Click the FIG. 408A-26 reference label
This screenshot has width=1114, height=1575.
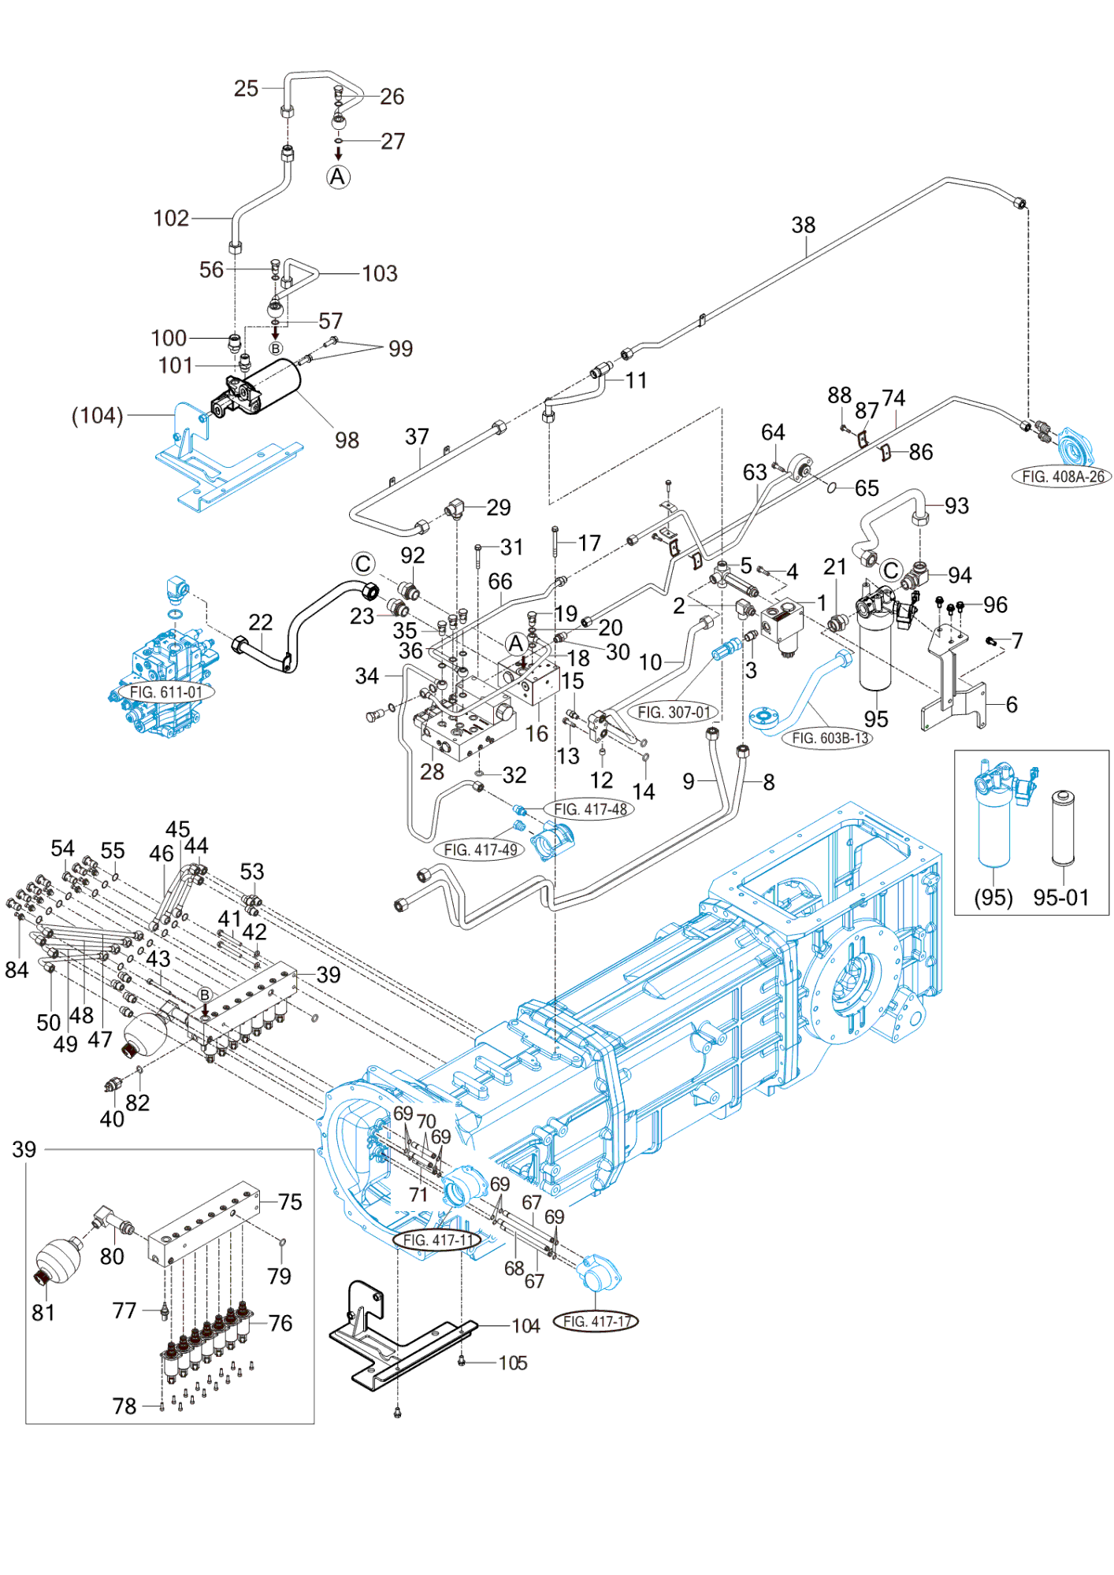point(1063,476)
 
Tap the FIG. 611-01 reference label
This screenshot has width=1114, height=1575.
point(165,692)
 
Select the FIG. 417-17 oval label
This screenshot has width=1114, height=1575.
point(596,1321)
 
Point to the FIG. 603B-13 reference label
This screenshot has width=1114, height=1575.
point(830,738)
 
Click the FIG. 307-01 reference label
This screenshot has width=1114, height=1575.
point(674,712)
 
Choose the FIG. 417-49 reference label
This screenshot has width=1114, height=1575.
point(480,850)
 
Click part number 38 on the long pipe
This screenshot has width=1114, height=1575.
point(803,225)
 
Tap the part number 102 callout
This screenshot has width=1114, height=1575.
point(170,218)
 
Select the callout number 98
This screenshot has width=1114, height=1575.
point(347,440)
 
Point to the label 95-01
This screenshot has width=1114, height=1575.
point(1060,897)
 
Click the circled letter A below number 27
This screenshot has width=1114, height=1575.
point(338,177)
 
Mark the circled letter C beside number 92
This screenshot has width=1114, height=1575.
point(362,564)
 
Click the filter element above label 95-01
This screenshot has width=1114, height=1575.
point(1063,827)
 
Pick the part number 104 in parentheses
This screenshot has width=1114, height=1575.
point(98,415)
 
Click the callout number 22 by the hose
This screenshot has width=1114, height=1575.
point(260,622)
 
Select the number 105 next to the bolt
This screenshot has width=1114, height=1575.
point(513,1362)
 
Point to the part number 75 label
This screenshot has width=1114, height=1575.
point(290,1202)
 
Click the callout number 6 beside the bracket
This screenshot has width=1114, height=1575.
point(1012,704)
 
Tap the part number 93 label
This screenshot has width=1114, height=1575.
point(956,506)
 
